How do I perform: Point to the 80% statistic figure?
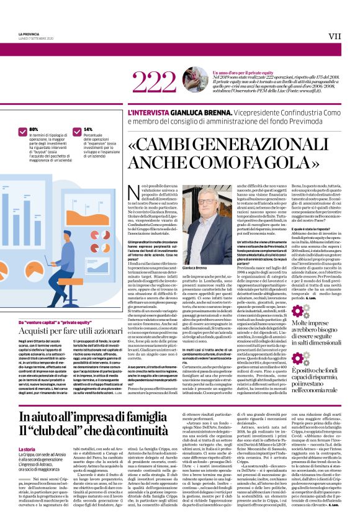tap(34, 129)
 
